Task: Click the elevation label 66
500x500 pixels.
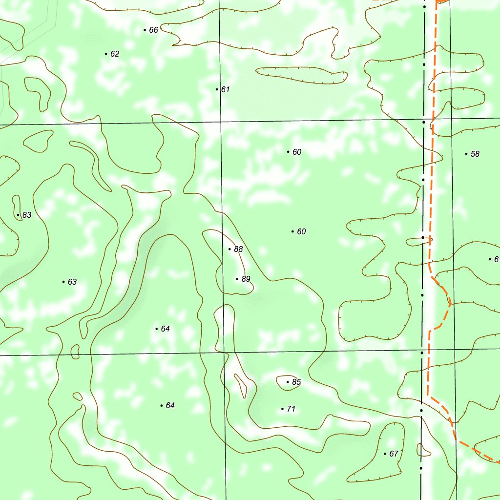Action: click(153, 30)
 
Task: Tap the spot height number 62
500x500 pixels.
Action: click(115, 54)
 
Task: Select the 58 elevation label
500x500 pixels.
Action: click(475, 154)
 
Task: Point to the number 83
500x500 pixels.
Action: click(27, 215)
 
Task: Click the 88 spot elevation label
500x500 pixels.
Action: click(238, 250)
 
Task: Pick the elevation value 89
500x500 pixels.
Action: click(246, 279)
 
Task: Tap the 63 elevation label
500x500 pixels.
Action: click(72, 282)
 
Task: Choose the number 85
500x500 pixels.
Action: click(296, 382)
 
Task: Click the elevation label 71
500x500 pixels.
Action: click(291, 409)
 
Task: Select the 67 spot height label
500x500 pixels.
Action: click(394, 454)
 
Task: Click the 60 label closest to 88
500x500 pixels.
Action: click(301, 232)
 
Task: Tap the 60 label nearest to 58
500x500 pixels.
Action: click(297, 152)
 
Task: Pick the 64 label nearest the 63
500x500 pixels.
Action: click(165, 329)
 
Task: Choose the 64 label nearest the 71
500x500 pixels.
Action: click(170, 406)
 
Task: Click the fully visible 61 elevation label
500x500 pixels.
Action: click(225, 90)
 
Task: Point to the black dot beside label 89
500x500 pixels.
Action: click(237, 279)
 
